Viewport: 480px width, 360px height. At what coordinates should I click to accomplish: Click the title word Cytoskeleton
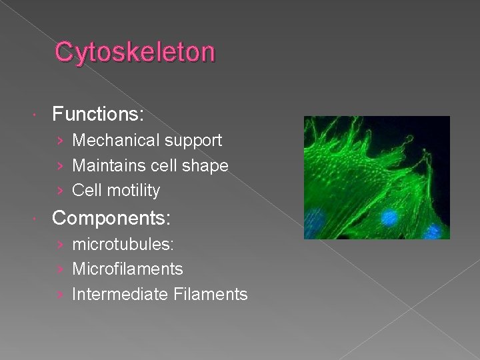[135, 52]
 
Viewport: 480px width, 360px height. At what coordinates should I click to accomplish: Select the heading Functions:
[98, 115]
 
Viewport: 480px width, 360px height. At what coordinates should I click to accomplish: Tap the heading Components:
[111, 218]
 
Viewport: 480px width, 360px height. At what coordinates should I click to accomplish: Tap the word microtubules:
[123, 245]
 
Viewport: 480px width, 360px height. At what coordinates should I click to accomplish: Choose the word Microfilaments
[127, 269]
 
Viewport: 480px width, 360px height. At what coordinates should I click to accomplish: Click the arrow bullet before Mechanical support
[61, 141]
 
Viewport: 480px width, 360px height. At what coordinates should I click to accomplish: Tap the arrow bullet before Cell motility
[61, 191]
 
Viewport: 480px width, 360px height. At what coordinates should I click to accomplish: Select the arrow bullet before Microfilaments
[61, 270]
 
